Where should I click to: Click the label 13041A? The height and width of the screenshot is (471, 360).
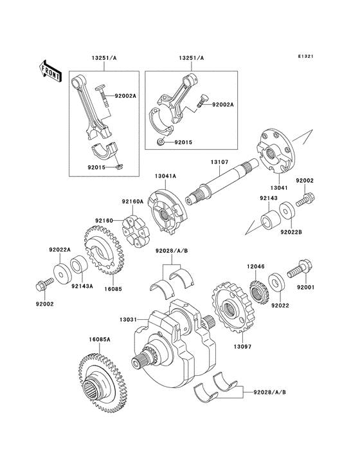165,175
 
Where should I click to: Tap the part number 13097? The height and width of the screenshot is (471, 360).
241,347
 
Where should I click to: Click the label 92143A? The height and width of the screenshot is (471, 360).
82,286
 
